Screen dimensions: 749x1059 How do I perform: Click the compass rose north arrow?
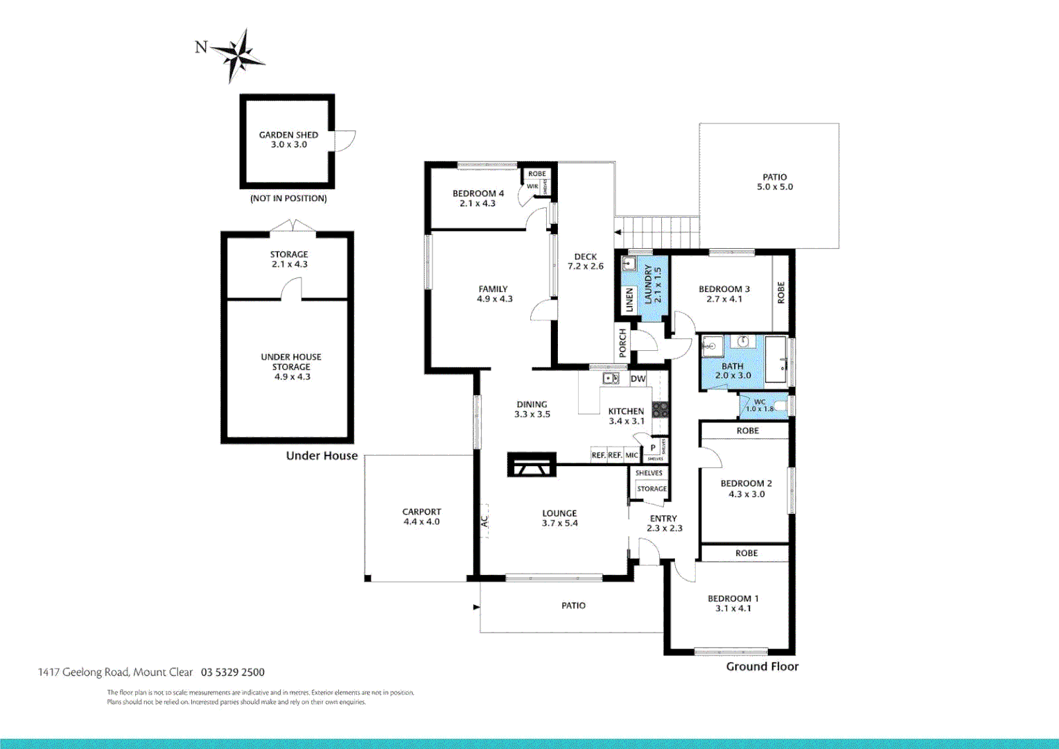point(238,55)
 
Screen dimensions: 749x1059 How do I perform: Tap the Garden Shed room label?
point(288,135)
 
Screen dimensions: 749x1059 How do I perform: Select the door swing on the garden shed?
point(344,141)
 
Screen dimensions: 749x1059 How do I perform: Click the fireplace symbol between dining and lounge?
point(532,465)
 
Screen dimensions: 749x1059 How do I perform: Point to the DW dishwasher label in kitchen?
point(638,379)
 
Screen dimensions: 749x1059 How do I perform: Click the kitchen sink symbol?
point(611,378)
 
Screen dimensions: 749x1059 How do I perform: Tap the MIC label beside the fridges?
point(631,456)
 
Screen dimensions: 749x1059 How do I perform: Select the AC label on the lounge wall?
point(484,520)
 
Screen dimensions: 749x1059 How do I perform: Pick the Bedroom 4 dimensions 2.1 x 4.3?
point(478,203)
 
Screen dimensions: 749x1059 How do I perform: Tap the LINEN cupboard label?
point(629,300)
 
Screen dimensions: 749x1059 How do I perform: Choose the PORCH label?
point(622,343)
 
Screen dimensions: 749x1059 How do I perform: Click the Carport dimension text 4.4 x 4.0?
point(421,522)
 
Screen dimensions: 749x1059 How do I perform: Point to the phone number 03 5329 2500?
point(233,672)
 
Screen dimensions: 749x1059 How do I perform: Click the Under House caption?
point(322,456)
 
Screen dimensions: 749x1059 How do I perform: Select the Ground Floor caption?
point(762,666)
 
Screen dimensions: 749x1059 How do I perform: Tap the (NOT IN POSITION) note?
point(288,198)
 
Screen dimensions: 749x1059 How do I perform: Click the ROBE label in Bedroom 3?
point(781,292)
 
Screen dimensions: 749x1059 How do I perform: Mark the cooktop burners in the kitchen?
point(660,409)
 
